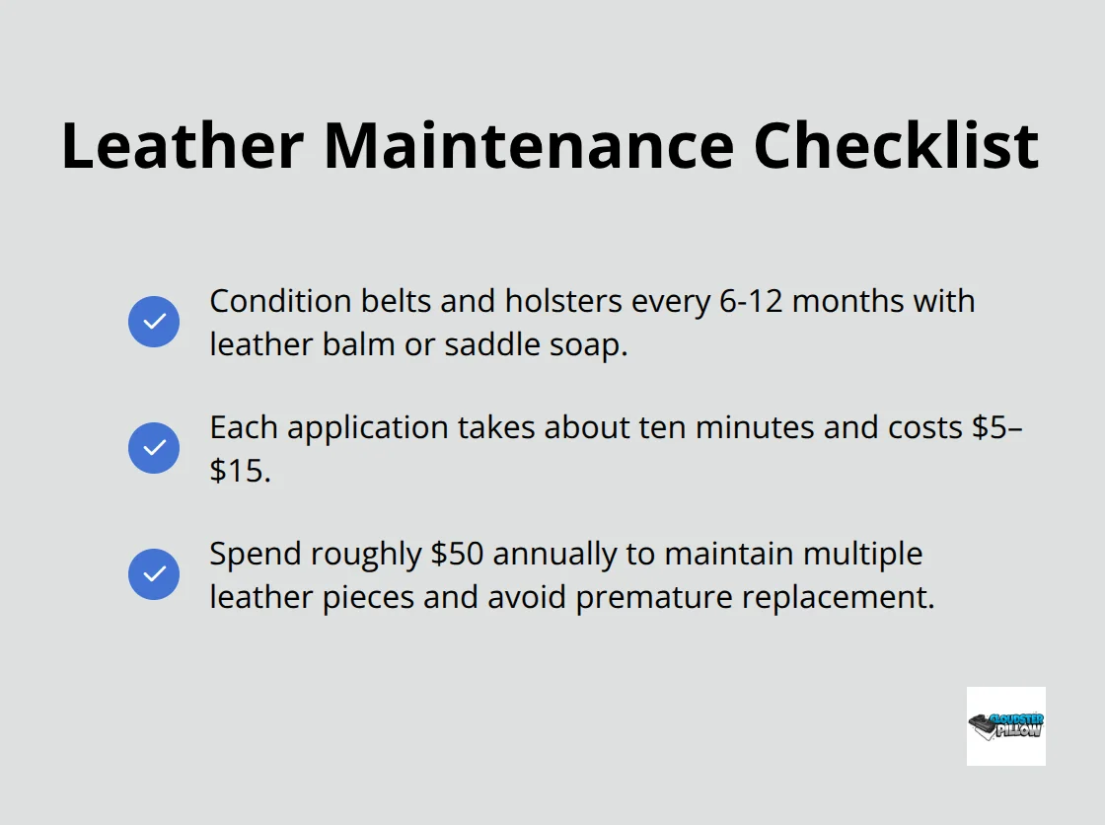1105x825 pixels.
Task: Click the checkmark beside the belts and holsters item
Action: point(154,322)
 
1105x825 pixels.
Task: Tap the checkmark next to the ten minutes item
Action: point(154,448)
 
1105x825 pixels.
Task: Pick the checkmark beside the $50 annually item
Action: point(154,574)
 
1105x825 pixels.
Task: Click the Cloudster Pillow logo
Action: point(1005,726)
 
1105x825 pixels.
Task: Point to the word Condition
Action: point(267,300)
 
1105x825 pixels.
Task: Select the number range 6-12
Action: point(748,300)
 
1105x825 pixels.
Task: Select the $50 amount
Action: point(457,554)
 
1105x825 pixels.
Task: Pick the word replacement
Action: point(840,597)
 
